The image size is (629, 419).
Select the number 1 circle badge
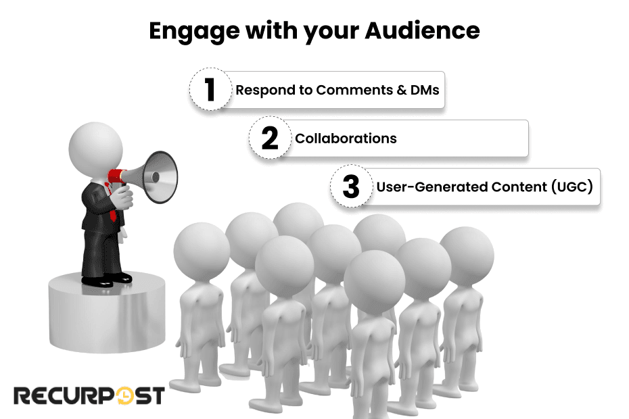click(x=210, y=90)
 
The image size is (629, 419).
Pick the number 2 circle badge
click(x=270, y=139)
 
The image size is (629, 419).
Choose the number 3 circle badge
click(x=351, y=187)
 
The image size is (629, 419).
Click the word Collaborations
click(x=346, y=139)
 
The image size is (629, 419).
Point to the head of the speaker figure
click(x=95, y=145)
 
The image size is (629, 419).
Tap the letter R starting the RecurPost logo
click(x=22, y=395)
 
